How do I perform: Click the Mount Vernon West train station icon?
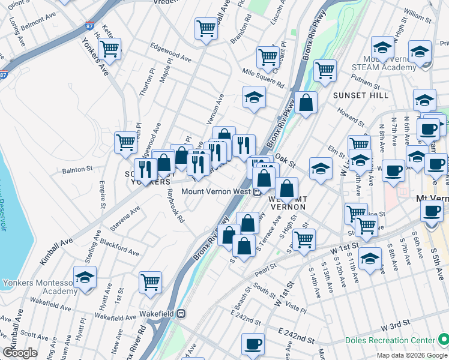[x=256, y=192]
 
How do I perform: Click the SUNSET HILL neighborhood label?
[x=354, y=95]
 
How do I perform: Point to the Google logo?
[x=20, y=353]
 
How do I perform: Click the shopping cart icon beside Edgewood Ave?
[x=110, y=49]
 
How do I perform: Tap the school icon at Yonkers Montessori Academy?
[x=85, y=277]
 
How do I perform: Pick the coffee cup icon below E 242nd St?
[x=252, y=344]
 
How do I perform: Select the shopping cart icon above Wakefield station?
[x=150, y=283]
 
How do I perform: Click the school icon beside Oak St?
[x=321, y=169]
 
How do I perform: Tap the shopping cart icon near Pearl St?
[x=304, y=239]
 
